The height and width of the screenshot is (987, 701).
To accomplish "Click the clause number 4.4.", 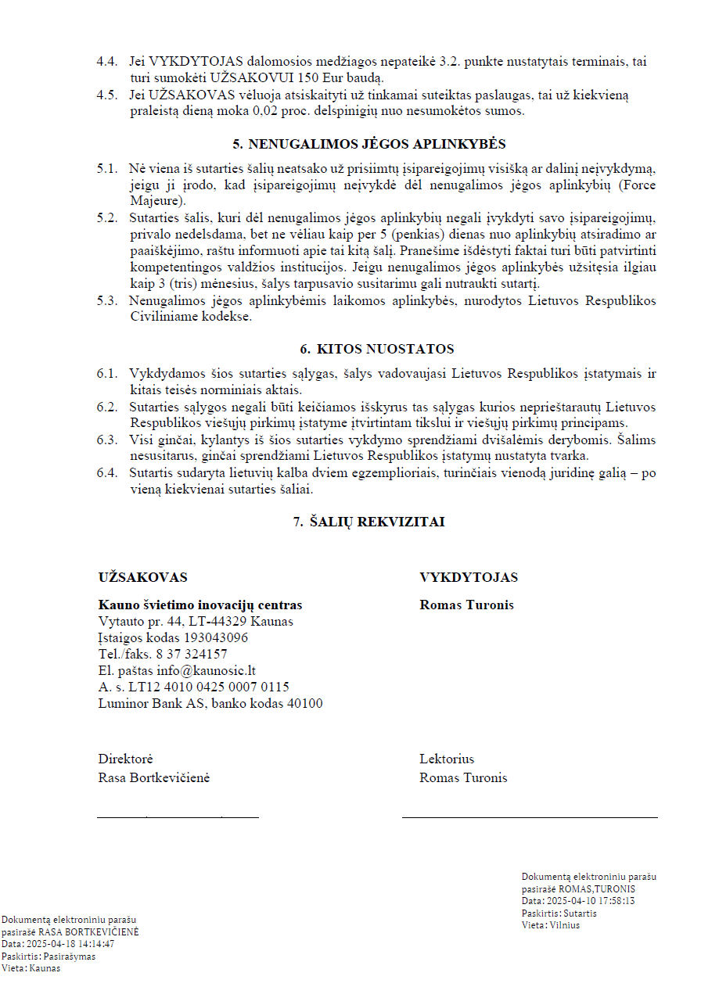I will coord(107,61).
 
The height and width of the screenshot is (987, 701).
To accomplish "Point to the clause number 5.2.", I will coord(107,217).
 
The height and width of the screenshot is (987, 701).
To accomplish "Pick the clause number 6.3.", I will coord(107,440).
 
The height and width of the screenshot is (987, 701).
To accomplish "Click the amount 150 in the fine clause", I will coord(315,77).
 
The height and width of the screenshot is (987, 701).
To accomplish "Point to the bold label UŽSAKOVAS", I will coord(142,577).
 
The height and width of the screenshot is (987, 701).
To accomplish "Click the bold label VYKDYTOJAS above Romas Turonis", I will coord(469,577).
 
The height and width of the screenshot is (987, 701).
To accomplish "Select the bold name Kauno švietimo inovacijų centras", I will coord(200,605).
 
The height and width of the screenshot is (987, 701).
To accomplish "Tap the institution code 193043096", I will coord(210,637).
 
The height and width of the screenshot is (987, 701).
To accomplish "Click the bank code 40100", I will coord(305,703).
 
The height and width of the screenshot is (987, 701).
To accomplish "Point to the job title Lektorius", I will coord(446,759).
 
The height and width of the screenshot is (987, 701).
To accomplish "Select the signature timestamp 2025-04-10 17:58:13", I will coord(590,901).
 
